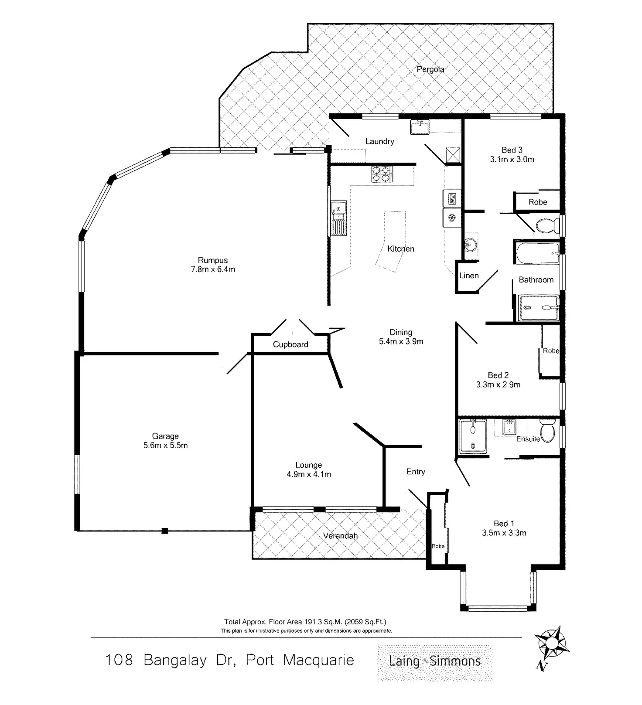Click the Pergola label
[x=430, y=69]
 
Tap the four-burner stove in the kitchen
[x=382, y=174]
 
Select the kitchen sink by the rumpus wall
[x=338, y=218]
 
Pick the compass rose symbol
[x=551, y=644]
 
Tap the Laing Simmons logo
[x=435, y=661]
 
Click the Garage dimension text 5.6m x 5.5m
[x=165, y=446]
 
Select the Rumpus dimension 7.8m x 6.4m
[x=213, y=269]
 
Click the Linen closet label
[x=469, y=276]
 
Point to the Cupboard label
[x=290, y=344]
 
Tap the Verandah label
[x=340, y=536]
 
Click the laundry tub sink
[x=420, y=127]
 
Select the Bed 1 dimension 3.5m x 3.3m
[x=504, y=533]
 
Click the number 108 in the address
[x=119, y=660]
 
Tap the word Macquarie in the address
[x=318, y=660]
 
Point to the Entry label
[x=415, y=472]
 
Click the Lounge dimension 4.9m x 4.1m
[x=309, y=474]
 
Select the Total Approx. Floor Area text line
[x=305, y=622]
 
